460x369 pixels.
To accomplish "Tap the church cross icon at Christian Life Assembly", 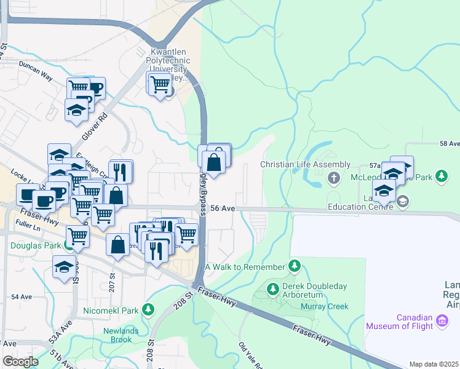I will (334, 178).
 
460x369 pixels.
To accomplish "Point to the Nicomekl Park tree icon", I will (148, 310).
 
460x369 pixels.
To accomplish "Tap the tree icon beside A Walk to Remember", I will (295, 266).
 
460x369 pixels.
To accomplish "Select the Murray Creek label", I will (324, 306).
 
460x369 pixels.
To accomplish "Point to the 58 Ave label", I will (449, 143).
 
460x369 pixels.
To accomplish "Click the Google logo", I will (21, 362).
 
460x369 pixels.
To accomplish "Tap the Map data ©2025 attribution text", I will (434, 364).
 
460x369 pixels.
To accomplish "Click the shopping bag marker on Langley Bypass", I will (213, 163).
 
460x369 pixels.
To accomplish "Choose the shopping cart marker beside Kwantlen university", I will (160, 84).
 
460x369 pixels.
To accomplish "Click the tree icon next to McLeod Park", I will (441, 177).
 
